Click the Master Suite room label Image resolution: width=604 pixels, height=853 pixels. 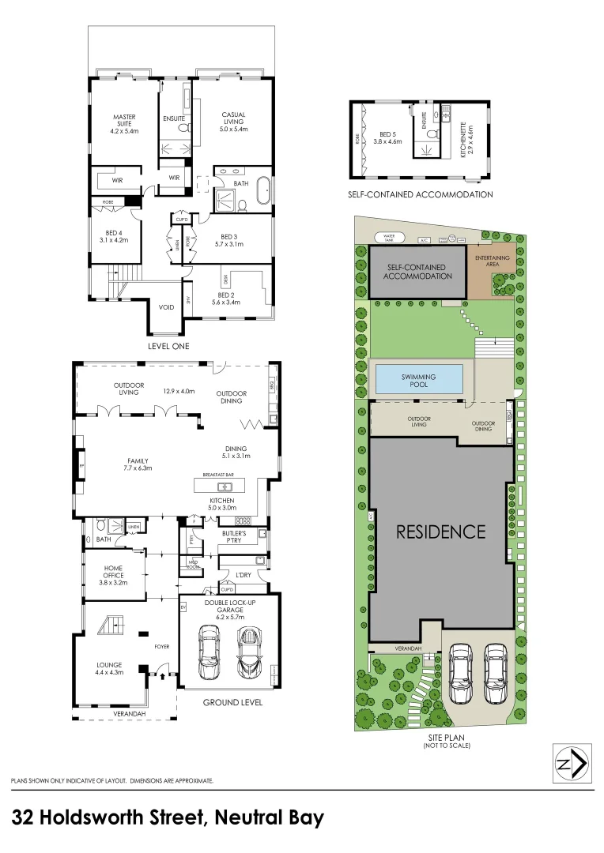point(124,122)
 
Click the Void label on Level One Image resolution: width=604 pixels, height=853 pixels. point(166,307)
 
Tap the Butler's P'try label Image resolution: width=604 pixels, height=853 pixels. point(236,538)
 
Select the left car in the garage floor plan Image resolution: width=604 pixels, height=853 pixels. point(210,652)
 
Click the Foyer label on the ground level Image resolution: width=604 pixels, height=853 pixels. point(161,647)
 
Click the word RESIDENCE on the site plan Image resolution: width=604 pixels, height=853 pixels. point(440,532)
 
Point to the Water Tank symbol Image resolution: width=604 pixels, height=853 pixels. point(389,236)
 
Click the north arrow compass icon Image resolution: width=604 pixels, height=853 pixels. point(573,764)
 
